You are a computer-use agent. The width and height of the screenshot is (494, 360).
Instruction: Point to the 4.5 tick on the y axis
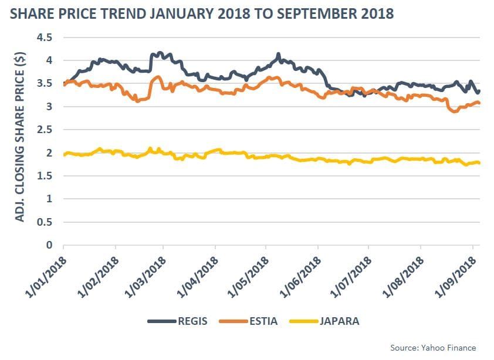45,38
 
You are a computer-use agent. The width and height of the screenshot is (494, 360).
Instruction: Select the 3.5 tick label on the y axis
45,84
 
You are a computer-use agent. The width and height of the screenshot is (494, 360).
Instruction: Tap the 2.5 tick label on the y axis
45,130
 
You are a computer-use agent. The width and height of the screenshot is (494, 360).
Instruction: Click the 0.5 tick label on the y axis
45,222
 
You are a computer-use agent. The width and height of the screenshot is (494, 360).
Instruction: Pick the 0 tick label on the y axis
49,246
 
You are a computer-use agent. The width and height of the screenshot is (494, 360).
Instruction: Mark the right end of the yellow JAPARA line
479,163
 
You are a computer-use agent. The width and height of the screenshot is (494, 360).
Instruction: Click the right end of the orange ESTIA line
479,103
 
